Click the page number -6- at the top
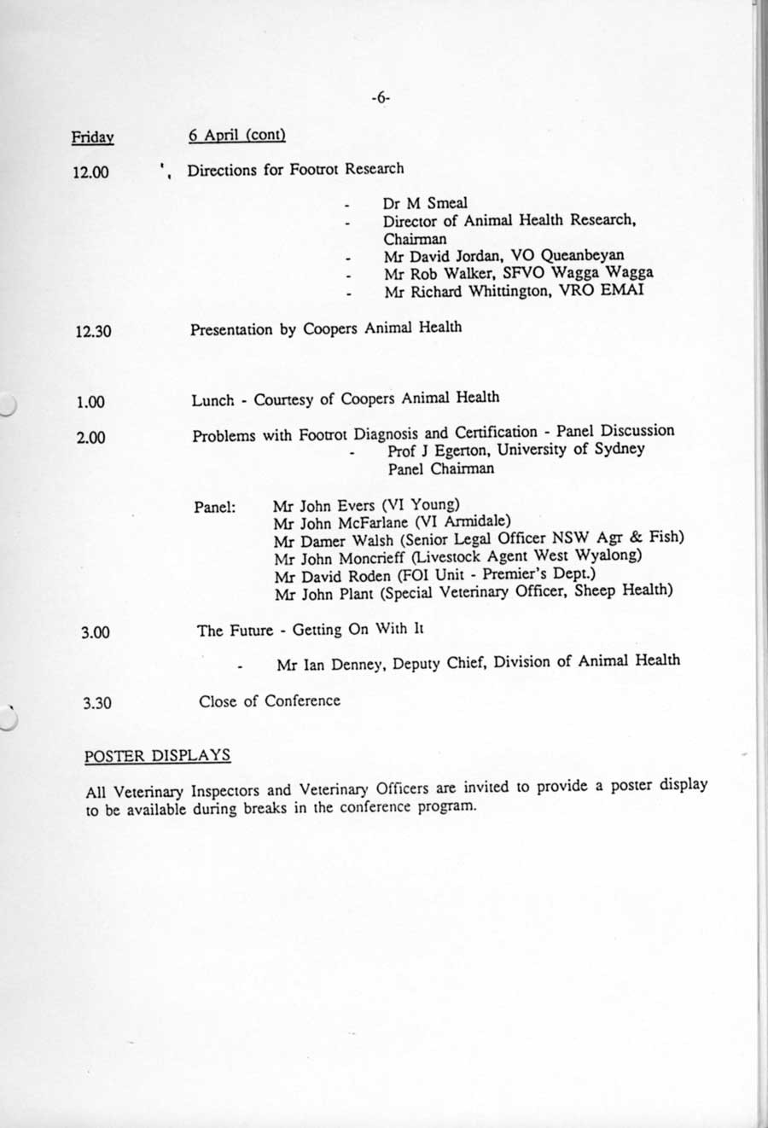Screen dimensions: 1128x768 (x=381, y=99)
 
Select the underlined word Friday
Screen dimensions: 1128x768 (x=93, y=137)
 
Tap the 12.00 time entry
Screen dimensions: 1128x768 (x=91, y=172)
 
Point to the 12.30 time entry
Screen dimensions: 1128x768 (x=93, y=331)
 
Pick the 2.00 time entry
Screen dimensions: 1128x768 (x=90, y=438)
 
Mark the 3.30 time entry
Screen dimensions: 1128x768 (x=97, y=704)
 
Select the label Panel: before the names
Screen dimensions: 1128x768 (x=215, y=507)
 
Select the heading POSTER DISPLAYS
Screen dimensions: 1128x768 (x=157, y=756)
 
